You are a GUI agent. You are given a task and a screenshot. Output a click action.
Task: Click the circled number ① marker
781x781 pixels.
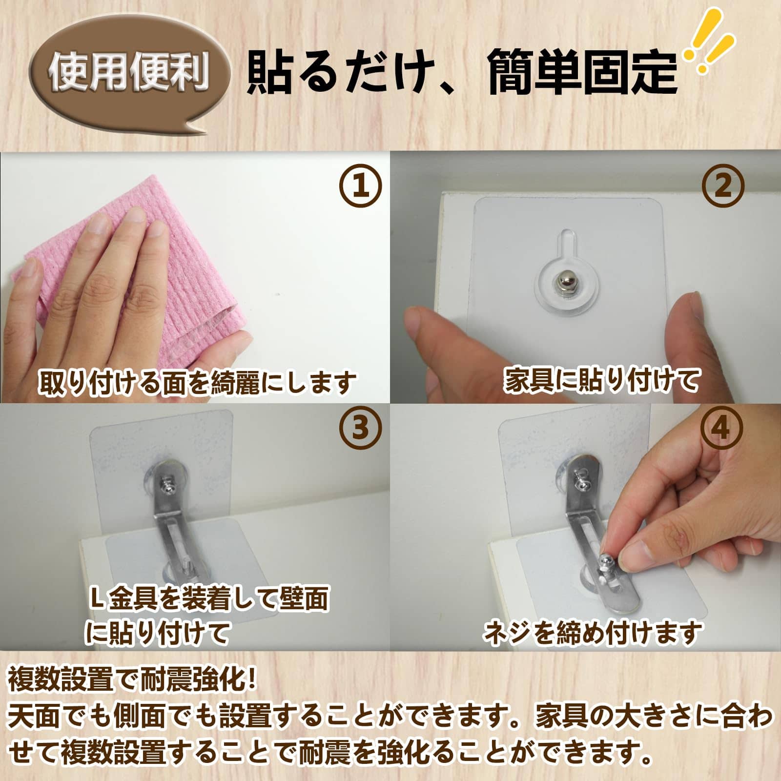tap(361, 186)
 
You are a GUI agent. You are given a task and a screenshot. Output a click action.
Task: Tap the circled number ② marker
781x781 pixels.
tap(723, 186)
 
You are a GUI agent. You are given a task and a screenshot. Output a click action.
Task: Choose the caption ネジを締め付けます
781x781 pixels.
tap(593, 633)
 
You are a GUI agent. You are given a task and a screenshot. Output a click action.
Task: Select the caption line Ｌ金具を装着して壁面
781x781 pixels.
tap(210, 598)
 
